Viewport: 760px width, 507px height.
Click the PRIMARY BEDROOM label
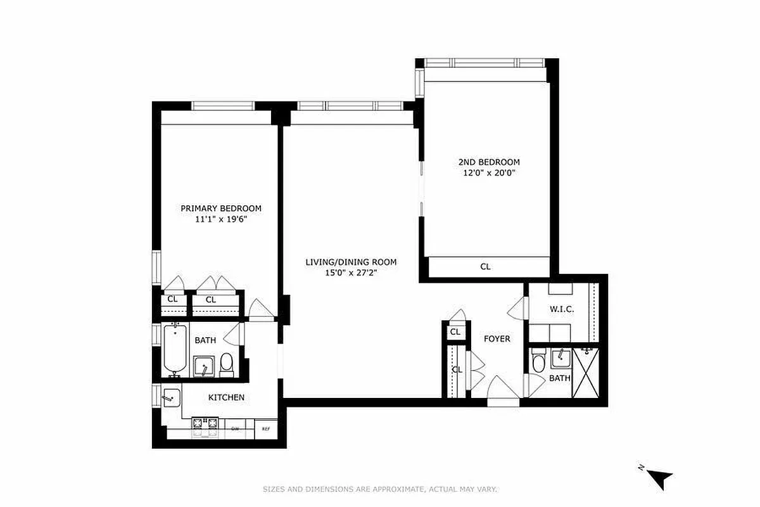[x=220, y=209]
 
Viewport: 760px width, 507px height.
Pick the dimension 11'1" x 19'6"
[x=220, y=219]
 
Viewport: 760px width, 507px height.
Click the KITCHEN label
[x=226, y=397]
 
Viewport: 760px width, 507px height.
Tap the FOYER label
[x=497, y=339]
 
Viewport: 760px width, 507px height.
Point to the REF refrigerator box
[x=266, y=429]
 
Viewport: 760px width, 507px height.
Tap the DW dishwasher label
[x=235, y=429]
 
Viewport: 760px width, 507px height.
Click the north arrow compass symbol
[x=660, y=477]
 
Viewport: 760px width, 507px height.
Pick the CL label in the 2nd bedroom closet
[x=485, y=267]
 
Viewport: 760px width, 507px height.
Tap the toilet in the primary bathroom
[x=227, y=363]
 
